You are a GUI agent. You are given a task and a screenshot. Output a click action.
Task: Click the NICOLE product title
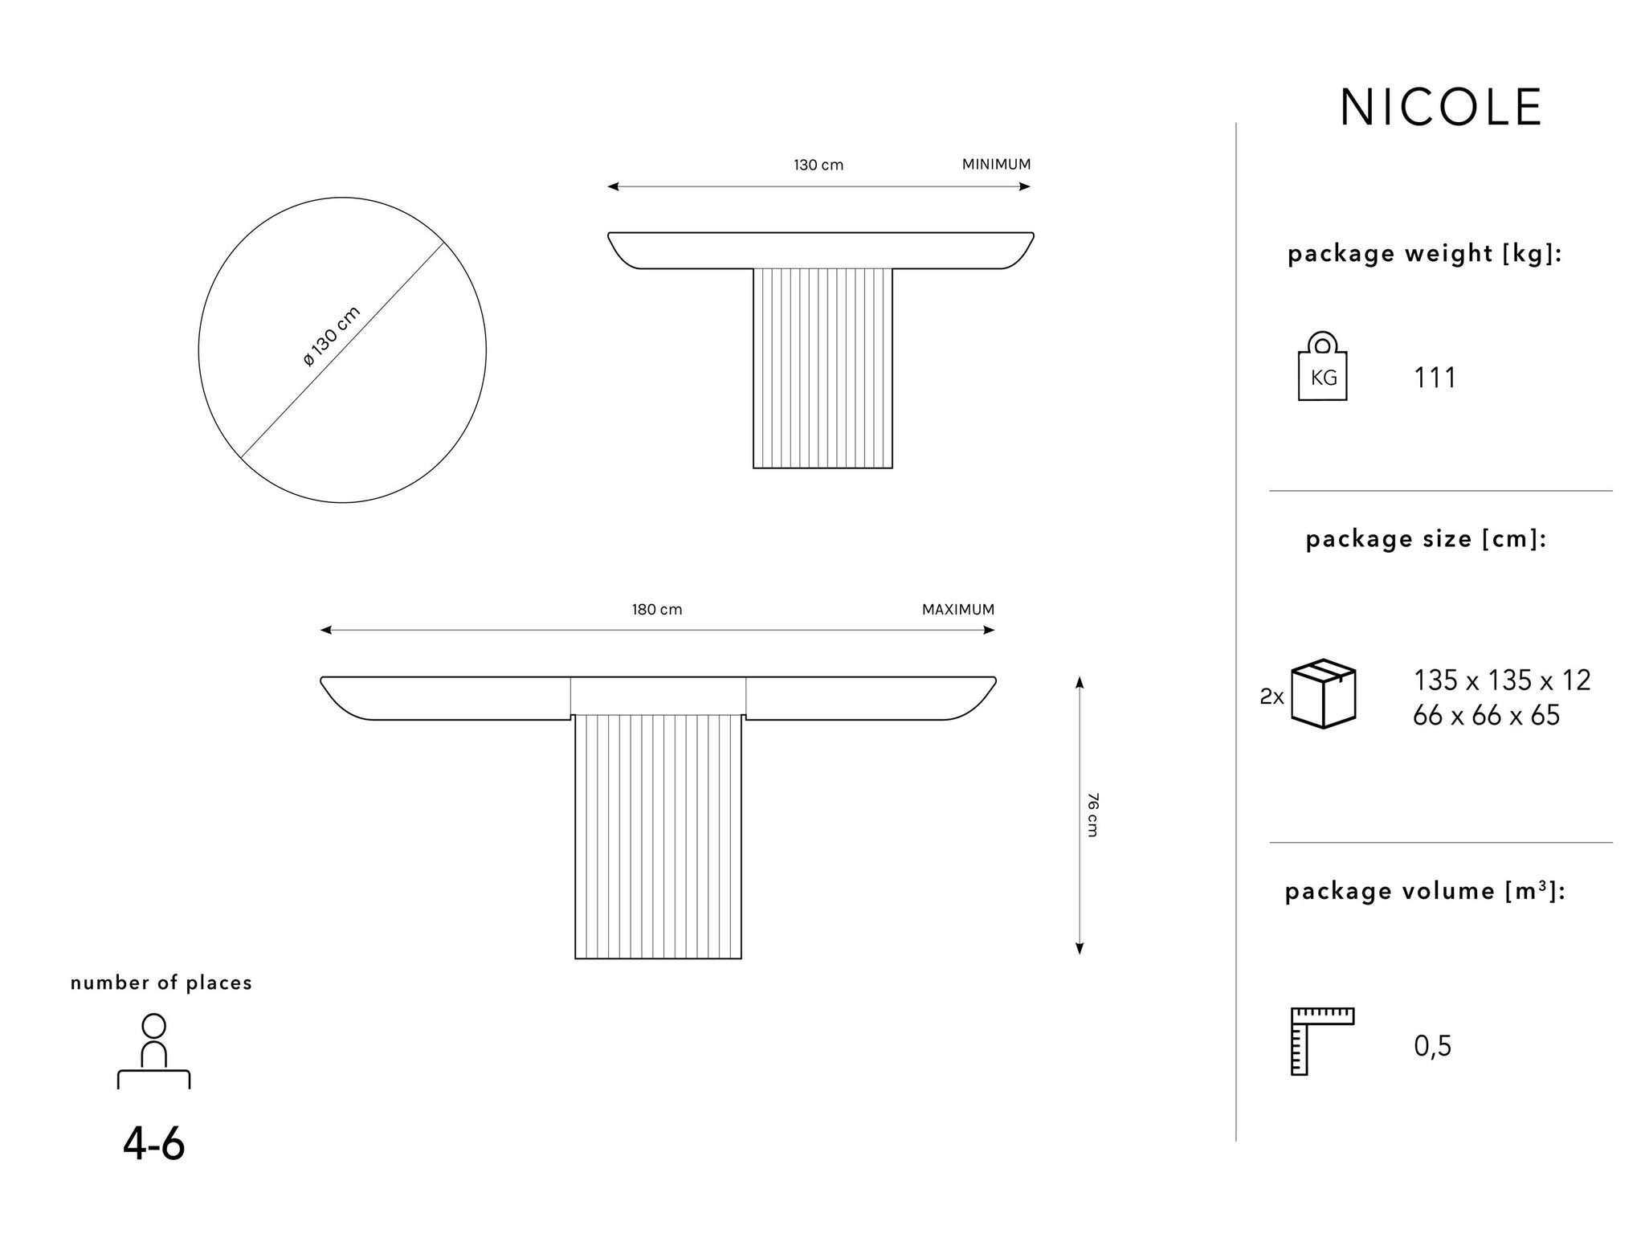pyautogui.click(x=1441, y=108)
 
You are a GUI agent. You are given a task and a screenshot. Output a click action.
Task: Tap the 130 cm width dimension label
pyautogui.click(x=818, y=165)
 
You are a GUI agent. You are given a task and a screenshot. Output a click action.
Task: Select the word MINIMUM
pyautogui.click(x=996, y=165)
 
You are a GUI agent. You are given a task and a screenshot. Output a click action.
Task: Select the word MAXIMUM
pyautogui.click(x=957, y=610)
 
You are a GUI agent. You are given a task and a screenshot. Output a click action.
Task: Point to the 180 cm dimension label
pyautogui.click(x=657, y=610)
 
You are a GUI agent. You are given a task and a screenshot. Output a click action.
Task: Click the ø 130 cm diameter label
pyautogui.click(x=332, y=337)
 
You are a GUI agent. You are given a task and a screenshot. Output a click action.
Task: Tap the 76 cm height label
pyautogui.click(x=1092, y=815)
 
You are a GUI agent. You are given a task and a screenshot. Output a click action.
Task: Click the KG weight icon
pyautogui.click(x=1322, y=366)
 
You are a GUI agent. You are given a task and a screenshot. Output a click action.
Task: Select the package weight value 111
pyautogui.click(x=1435, y=378)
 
